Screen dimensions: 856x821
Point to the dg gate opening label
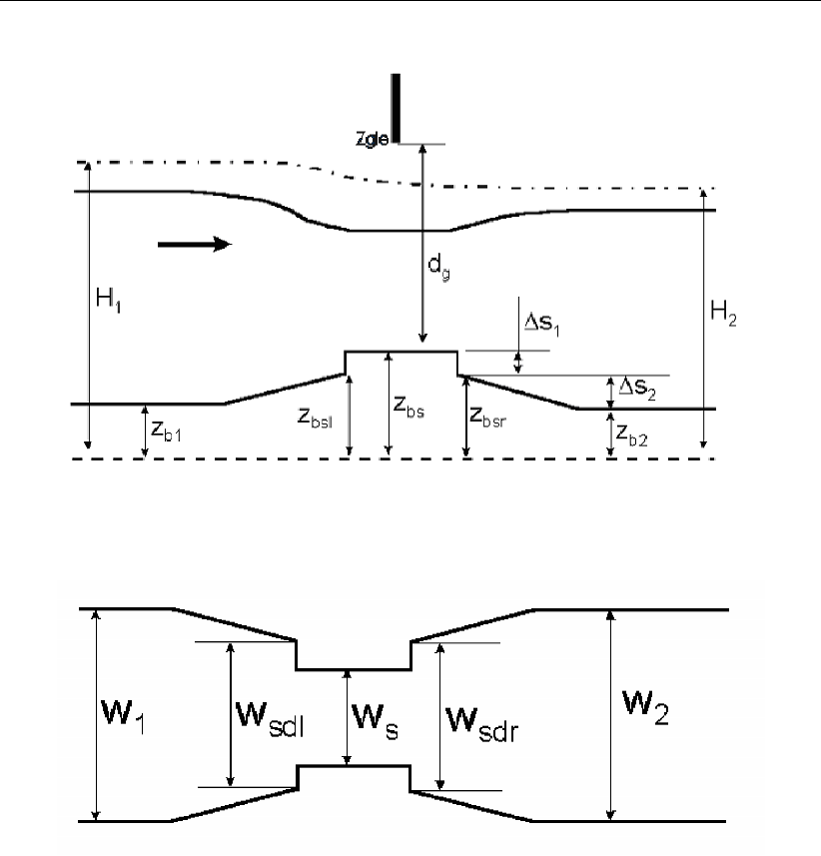click(x=438, y=270)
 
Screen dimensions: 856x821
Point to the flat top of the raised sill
click(x=401, y=352)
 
